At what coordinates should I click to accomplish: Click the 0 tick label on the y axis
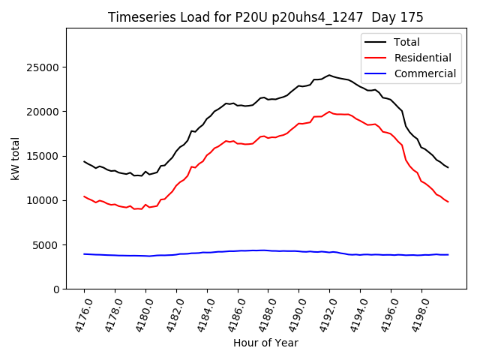(x=57, y=289)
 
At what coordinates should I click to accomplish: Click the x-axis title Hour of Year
(x=265, y=343)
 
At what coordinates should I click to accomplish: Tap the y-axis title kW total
(x=15, y=158)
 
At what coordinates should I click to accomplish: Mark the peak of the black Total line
(x=329, y=75)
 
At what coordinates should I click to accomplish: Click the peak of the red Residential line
(x=329, y=112)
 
